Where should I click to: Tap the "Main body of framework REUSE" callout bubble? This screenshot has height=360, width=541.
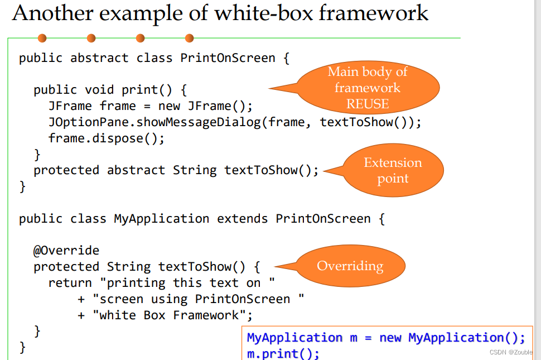368,87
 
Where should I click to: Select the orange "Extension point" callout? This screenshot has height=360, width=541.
393,170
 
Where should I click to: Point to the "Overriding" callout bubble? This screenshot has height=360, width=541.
350,266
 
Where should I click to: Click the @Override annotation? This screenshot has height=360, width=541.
66,251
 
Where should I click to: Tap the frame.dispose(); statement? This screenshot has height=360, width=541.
107,138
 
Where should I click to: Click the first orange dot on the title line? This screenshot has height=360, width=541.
42,38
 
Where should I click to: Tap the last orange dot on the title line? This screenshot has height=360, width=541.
189,38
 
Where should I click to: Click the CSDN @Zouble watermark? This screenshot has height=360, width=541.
511,352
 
